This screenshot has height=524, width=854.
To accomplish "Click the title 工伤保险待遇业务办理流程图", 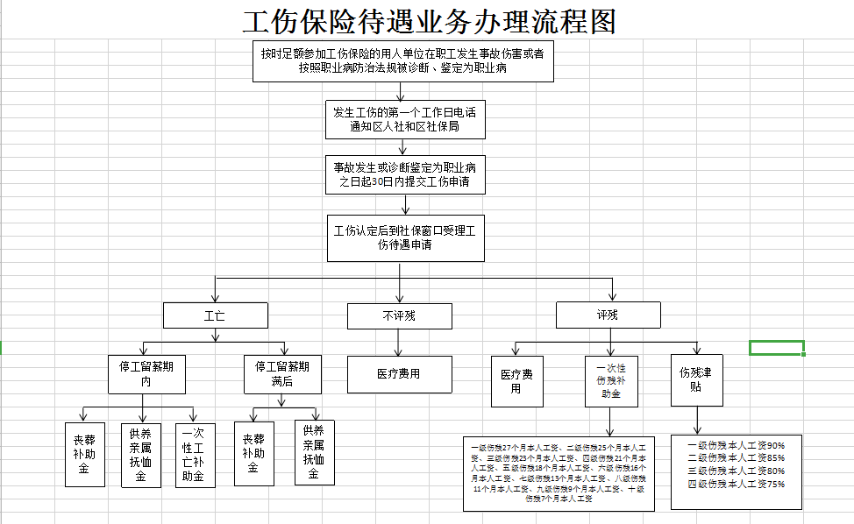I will point(429,21).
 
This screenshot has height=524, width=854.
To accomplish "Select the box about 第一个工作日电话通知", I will point(404,119).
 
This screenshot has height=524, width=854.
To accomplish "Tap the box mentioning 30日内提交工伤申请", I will point(404,175).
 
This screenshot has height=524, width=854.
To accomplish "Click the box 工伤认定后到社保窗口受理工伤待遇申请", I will point(405,237).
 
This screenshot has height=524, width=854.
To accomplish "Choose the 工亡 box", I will point(214,315).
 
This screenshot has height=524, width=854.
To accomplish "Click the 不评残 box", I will point(399,315).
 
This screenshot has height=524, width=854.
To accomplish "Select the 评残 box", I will point(607,315).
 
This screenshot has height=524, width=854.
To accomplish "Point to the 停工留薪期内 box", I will point(146,374).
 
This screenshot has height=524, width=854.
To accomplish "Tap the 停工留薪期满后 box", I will point(281,374).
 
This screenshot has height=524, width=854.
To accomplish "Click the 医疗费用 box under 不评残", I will point(399,374).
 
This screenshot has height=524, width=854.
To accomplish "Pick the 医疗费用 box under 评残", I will point(516,381).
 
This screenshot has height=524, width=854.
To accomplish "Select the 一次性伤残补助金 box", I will point(612,381).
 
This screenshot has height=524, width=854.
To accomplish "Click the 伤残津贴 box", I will point(696,380).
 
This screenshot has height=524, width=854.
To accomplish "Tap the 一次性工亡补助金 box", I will point(194,454).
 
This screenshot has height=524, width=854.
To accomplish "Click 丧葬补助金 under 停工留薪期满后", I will point(253,454).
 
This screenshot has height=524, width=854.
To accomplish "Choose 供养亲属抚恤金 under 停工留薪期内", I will point(140,454).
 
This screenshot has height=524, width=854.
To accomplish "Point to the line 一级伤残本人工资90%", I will point(736,445).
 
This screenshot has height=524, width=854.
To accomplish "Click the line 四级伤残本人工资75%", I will point(736,484).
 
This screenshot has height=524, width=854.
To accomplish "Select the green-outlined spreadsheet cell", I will point(776,348).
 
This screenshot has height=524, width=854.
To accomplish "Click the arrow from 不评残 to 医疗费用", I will point(399,342).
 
